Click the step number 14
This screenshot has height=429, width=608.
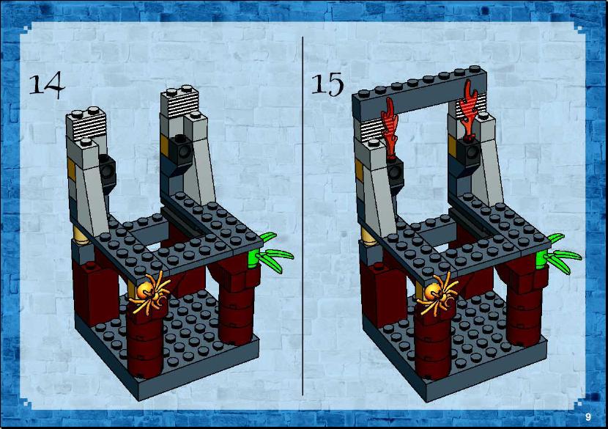click(48, 85)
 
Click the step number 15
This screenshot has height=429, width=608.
click(327, 84)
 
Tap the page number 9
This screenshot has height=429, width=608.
click(588, 417)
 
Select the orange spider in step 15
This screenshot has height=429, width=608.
click(437, 293)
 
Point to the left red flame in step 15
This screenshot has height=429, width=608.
click(389, 128)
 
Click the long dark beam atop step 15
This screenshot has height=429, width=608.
click(420, 94)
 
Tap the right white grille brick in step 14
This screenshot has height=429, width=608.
click(179, 102)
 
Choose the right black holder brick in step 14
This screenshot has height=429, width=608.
click(181, 150)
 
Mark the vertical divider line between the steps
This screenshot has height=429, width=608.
click(303, 216)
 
